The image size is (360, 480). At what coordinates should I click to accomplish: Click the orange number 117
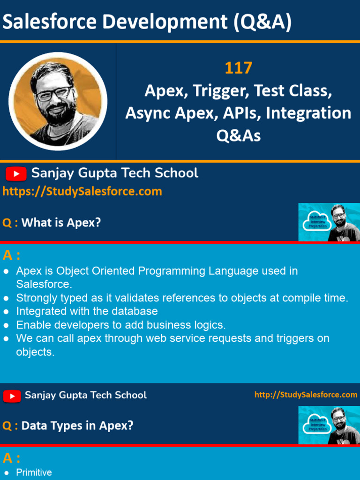tap(238, 68)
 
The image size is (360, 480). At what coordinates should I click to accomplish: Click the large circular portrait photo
tap(58, 101)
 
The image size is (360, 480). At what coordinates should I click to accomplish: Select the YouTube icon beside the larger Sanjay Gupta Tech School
tap(16, 174)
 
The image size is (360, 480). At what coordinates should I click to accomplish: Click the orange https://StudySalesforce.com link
tap(82, 191)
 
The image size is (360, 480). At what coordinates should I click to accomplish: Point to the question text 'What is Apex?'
tap(61, 223)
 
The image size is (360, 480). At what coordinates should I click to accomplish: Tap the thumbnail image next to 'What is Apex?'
tap(329, 222)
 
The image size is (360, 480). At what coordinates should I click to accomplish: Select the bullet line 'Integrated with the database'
tap(87, 311)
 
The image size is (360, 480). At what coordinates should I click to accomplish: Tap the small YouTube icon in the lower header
tap(12, 396)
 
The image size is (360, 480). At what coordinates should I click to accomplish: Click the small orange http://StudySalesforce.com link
tap(306, 395)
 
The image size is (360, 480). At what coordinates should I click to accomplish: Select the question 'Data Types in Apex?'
tap(77, 426)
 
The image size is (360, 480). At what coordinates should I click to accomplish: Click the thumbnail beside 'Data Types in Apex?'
tap(329, 425)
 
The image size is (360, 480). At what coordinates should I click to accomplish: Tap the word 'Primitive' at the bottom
tap(34, 472)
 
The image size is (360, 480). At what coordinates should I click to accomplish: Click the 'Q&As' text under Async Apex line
tap(238, 135)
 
